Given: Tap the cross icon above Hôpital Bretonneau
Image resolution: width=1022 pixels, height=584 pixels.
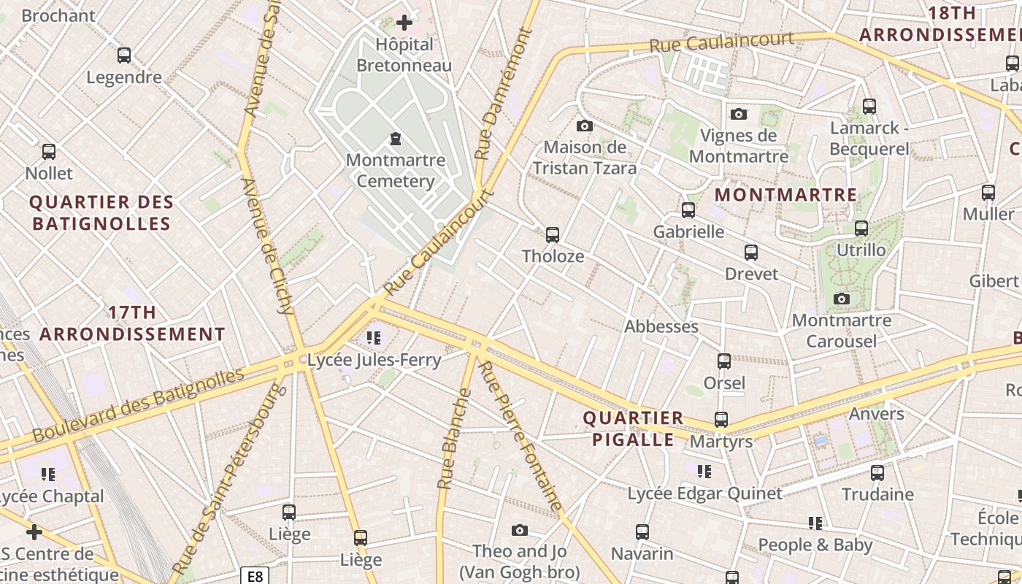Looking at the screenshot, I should pyautogui.click(x=404, y=23).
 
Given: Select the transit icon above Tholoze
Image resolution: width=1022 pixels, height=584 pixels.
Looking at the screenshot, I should pyautogui.click(x=553, y=235).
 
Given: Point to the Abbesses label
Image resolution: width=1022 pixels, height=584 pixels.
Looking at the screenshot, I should pyautogui.click(x=661, y=326).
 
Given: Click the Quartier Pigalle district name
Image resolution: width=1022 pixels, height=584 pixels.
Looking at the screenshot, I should pyautogui.click(x=633, y=429).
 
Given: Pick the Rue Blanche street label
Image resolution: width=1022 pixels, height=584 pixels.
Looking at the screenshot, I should pyautogui.click(x=453, y=439).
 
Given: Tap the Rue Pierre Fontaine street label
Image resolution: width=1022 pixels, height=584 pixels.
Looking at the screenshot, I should pyautogui.click(x=520, y=435).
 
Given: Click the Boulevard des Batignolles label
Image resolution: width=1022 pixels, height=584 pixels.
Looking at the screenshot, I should pyautogui.click(x=138, y=404).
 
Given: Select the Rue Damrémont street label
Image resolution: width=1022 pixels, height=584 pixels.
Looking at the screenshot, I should pyautogui.click(x=503, y=94).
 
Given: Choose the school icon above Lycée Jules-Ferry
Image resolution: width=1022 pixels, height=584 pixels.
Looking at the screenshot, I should pyautogui.click(x=374, y=338).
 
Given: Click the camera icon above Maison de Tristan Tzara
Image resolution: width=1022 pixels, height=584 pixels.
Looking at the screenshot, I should pyautogui.click(x=584, y=126).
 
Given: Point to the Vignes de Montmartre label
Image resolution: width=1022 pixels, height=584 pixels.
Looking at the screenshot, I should pyautogui.click(x=738, y=146).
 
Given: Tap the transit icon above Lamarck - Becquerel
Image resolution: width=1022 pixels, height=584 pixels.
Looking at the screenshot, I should pyautogui.click(x=869, y=107).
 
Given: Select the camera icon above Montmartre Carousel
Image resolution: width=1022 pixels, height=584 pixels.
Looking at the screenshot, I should pyautogui.click(x=842, y=299).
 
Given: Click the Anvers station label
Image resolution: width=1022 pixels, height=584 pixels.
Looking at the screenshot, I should pyautogui.click(x=876, y=414).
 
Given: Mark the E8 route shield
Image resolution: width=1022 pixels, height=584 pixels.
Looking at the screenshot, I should pyautogui.click(x=255, y=576).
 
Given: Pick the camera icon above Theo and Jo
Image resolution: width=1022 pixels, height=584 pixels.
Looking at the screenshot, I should pyautogui.click(x=519, y=530).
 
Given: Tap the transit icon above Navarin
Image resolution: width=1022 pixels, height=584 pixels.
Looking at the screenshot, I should pyautogui.click(x=642, y=532).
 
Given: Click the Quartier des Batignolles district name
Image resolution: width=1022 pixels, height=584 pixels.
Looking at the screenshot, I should pyautogui.click(x=101, y=212).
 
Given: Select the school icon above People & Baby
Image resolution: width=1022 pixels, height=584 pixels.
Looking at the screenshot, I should pyautogui.click(x=815, y=523).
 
